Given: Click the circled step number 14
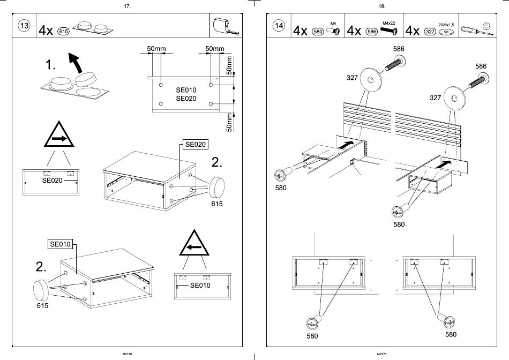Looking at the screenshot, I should tap(279, 26).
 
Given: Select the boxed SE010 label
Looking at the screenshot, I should tap(61, 244).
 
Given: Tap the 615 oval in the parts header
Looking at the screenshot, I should tap(63, 32).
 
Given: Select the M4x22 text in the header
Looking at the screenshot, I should tap(389, 23).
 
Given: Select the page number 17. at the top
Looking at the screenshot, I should tap(127, 6).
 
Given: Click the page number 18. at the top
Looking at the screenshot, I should tap(381, 6).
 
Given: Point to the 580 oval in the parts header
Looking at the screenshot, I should tap(318, 32).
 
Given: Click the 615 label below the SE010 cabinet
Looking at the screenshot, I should tap(43, 306).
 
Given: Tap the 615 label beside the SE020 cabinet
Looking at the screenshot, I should tap(216, 204).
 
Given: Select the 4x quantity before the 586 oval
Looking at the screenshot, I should tap(354, 31).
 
